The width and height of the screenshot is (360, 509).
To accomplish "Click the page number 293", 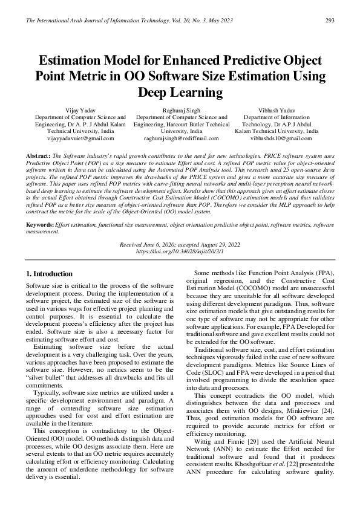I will click(x=330, y=21).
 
